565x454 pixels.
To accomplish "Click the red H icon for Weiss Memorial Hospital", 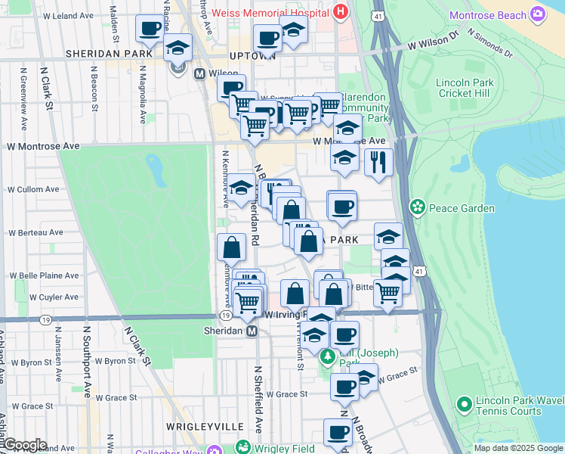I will (341, 13).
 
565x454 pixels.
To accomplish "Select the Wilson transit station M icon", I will (200, 74).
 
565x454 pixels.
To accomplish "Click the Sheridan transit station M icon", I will (252, 331).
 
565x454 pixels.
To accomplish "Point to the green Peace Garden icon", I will (416, 207).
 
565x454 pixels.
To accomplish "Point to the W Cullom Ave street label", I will (32, 190).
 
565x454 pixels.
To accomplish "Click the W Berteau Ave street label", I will (34, 233).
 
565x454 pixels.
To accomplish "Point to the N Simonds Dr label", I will (489, 43).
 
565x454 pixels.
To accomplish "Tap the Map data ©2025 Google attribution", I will (517, 448).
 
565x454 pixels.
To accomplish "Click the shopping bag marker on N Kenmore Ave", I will (231, 247).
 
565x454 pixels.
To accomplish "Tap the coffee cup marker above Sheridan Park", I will (150, 30).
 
